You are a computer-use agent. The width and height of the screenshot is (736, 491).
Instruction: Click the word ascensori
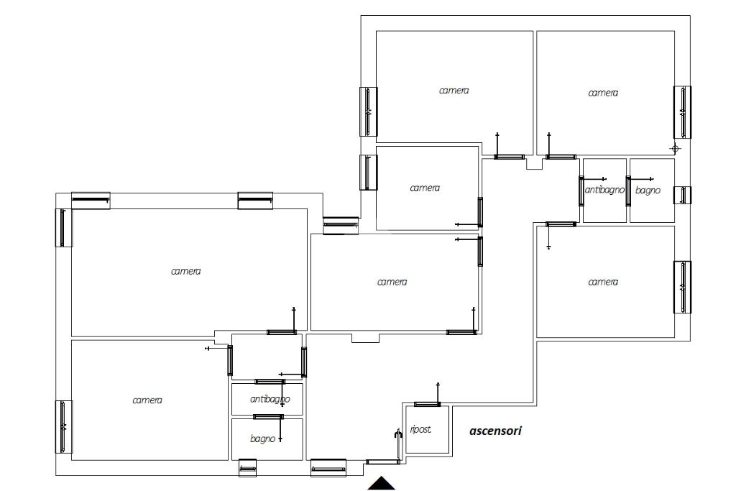coord(495,431)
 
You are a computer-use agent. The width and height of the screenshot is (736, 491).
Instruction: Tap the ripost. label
coord(420,429)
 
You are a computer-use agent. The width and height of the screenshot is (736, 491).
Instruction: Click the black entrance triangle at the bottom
coord(381,484)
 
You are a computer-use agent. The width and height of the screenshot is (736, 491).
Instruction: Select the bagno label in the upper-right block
coord(648,190)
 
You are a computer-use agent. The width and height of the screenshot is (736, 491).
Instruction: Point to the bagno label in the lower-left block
coord(262,439)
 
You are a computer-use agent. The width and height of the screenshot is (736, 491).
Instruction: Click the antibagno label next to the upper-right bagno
coord(604,190)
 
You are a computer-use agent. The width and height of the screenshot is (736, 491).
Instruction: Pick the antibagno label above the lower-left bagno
coord(270,399)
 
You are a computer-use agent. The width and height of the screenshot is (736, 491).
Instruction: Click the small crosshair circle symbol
coord(676,149)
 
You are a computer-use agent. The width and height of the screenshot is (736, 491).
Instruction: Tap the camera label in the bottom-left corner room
coord(147,400)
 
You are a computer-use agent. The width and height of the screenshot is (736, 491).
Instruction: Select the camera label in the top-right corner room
coord(603,93)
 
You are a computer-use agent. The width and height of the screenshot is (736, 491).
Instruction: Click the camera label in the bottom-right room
coord(603,282)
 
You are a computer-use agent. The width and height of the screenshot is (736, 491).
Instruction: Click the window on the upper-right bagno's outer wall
coord(683,195)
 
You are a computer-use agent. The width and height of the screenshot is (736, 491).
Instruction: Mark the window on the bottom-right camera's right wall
coord(683,287)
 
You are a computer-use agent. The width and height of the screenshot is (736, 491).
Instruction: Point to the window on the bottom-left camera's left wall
coord(64,427)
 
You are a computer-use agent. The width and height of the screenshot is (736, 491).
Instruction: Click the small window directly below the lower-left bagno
coord(247,467)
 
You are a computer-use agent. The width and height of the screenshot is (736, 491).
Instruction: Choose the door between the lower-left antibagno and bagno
coord(269,417)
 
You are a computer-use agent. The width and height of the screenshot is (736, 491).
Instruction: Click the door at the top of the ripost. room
coord(427,404)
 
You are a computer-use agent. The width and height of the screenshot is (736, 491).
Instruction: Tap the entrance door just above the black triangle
coord(382,462)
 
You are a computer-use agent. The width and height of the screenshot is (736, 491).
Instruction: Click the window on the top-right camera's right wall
coord(683,111)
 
